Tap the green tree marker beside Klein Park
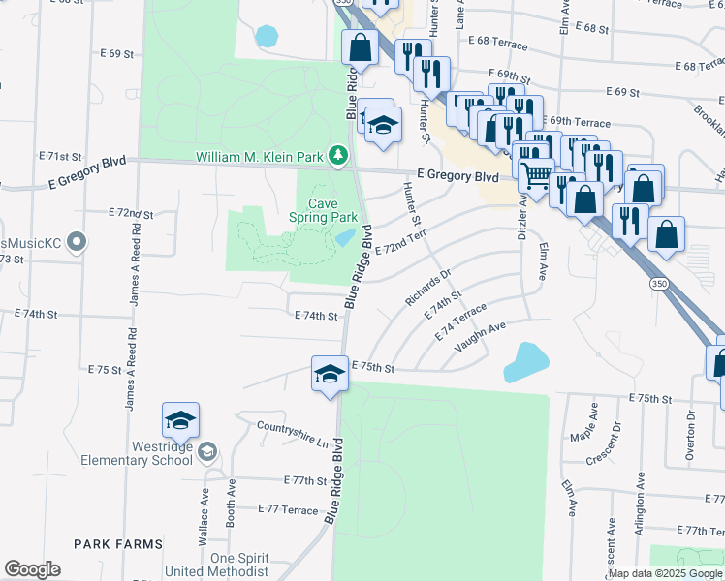(x=337, y=155)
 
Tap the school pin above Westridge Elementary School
(x=180, y=420)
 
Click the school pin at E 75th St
(x=330, y=373)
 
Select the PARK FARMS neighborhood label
(x=120, y=545)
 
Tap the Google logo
(x=32, y=569)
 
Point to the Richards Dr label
(x=428, y=288)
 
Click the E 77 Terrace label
(x=288, y=509)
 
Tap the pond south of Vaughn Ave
(x=525, y=362)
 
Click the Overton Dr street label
(x=691, y=434)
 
